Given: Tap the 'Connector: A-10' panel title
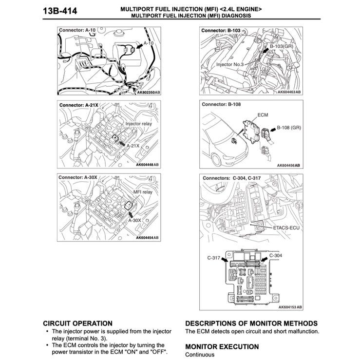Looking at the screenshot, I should click(76, 31).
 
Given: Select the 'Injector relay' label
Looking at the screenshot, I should click(138, 124).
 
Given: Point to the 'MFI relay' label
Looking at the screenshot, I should click(143, 192).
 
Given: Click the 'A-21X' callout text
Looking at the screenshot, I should click(133, 145).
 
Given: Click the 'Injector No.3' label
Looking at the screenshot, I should click(230, 64).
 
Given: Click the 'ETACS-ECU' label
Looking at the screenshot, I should click(287, 227).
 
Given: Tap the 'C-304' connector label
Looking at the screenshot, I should click(275, 255).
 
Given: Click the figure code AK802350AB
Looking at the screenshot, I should click(148, 92).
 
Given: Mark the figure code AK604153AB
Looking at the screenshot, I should click(290, 307).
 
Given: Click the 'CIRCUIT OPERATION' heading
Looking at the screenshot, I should click(77, 323).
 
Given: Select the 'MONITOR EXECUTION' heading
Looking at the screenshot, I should click(222, 347).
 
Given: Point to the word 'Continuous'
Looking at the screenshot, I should click(200, 355).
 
